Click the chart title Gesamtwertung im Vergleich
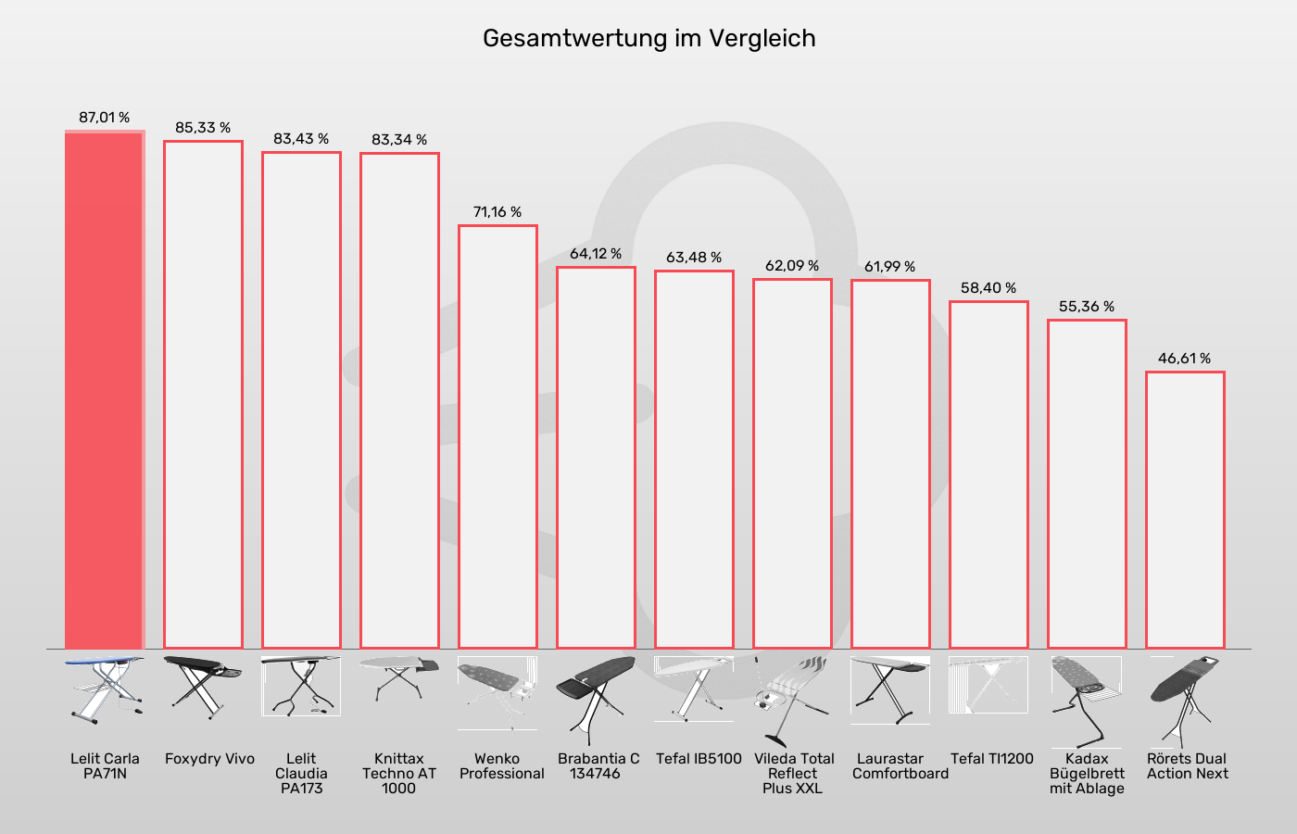click(648, 39)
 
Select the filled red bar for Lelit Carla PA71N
click(104, 389)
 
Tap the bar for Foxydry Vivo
click(203, 394)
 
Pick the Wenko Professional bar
click(497, 436)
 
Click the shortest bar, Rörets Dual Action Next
click(1185, 510)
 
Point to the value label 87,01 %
click(104, 118)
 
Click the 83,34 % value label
click(399, 140)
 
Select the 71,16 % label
click(497, 212)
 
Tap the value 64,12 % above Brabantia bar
click(596, 254)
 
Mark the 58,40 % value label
click(988, 288)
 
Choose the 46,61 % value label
click(1185, 359)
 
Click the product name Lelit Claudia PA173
click(301, 773)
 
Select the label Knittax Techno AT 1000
click(399, 773)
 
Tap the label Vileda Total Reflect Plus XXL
click(793, 773)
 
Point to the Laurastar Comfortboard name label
click(900, 765)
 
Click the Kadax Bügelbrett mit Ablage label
click(1087, 773)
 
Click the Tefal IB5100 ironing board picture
click(694, 689)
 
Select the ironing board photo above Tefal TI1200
click(988, 685)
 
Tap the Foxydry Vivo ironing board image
click(203, 686)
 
